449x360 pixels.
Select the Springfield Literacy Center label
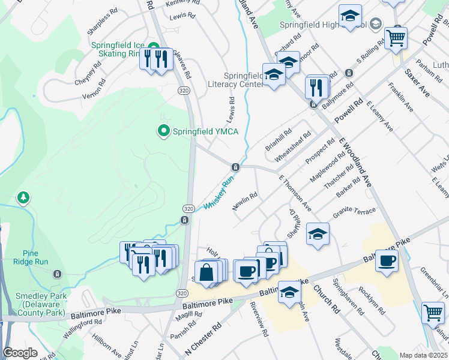244,80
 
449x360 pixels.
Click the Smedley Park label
41,304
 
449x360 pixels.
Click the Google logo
20,353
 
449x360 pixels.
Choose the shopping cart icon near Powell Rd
396,38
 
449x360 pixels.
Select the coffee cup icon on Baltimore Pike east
388,260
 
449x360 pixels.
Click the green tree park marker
23,197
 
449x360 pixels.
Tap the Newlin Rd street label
245,200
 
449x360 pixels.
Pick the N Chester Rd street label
204,339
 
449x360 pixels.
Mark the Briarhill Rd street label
279,139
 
